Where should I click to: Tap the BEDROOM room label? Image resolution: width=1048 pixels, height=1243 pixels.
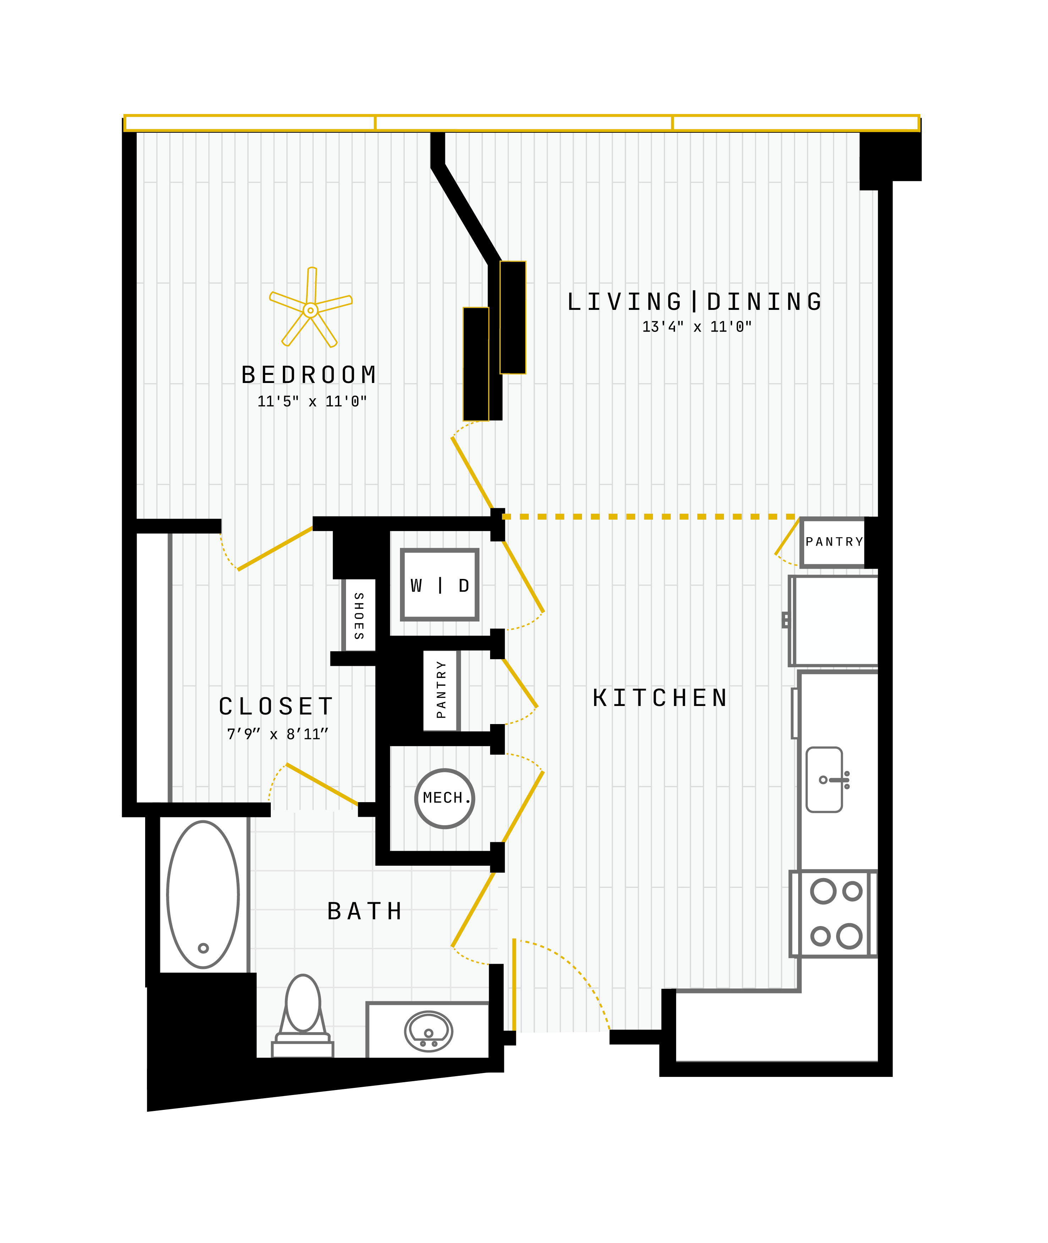309,375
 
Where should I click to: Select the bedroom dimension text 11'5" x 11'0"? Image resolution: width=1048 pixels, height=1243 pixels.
312,402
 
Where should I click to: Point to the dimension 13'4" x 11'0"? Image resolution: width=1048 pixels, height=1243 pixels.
697,327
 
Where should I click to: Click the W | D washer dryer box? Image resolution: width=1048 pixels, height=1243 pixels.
440,585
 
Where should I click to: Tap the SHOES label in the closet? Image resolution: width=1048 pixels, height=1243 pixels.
359,615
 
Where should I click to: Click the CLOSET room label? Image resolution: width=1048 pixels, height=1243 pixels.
276,706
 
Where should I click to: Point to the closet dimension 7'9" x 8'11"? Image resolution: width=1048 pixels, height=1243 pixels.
278,734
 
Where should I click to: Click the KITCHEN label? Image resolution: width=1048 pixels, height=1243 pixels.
660,698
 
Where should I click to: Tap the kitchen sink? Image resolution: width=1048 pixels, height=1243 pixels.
825,779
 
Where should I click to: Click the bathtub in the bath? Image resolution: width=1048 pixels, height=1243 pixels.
203,895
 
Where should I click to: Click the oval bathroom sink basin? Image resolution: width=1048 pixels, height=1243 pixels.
428,1031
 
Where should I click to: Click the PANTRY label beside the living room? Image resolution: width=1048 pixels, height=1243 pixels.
834,542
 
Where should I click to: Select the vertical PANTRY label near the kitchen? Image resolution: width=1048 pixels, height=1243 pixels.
441,690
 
